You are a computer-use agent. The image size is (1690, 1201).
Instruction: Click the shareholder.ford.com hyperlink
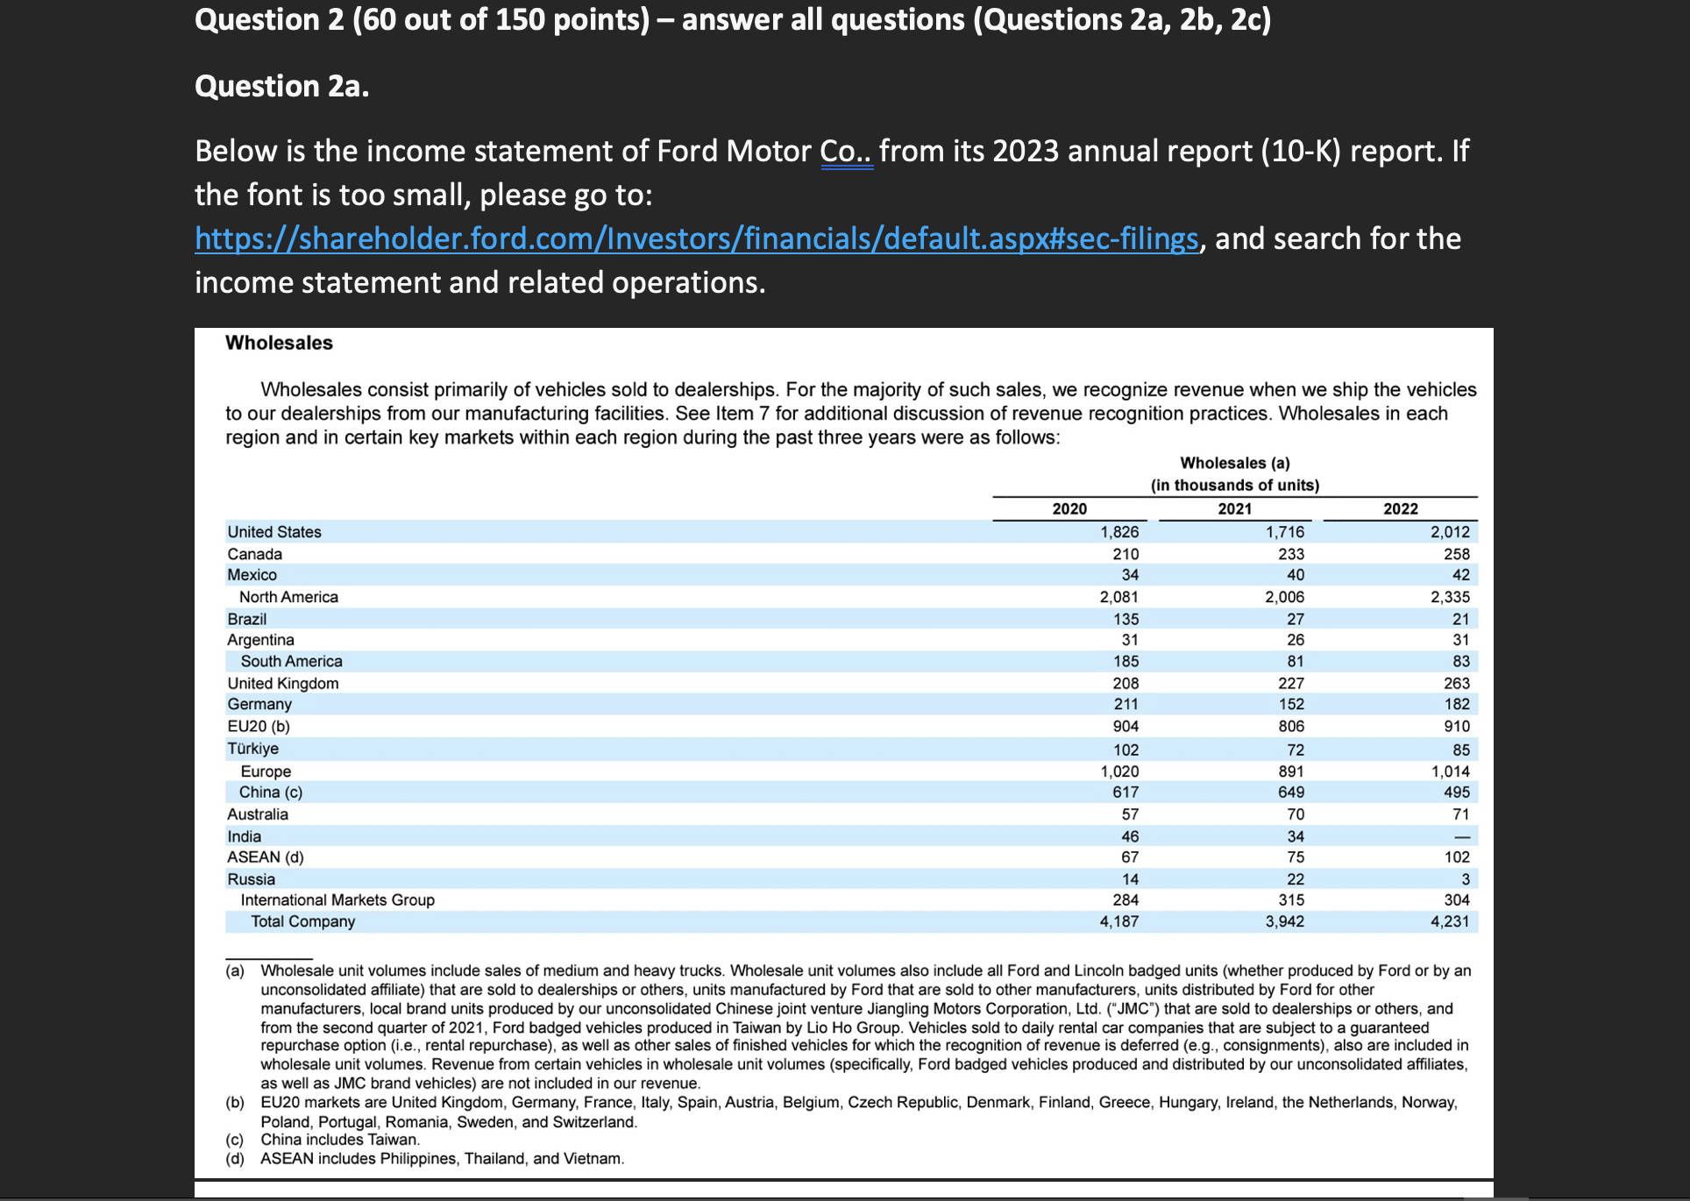click(x=696, y=238)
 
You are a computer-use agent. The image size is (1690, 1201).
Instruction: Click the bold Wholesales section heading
click(x=279, y=343)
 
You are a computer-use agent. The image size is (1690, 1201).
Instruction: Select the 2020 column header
click(x=1069, y=508)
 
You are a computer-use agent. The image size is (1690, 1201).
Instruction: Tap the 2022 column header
click(x=1400, y=508)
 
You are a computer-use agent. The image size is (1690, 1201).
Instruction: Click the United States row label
click(x=274, y=532)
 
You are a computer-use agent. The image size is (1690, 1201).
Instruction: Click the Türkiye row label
click(x=252, y=749)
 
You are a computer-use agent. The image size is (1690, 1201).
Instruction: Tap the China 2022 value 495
click(x=1456, y=792)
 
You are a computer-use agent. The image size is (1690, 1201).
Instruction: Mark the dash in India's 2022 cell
click(x=1461, y=837)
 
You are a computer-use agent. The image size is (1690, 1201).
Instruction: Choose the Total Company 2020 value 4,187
click(x=1119, y=921)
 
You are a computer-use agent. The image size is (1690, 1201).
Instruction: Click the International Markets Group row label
click(x=337, y=900)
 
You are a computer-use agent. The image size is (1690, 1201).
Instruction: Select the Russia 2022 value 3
click(x=1465, y=879)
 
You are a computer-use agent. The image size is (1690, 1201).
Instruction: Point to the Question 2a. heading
click(x=281, y=86)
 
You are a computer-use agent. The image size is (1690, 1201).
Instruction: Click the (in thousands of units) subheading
click(x=1234, y=486)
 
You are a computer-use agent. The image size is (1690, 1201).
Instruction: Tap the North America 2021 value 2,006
click(x=1284, y=597)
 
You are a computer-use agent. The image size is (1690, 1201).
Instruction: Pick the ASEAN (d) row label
click(x=266, y=857)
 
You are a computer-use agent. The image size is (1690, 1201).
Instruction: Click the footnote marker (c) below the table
click(x=234, y=1140)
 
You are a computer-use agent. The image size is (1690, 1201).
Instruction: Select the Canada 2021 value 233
click(x=1290, y=554)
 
